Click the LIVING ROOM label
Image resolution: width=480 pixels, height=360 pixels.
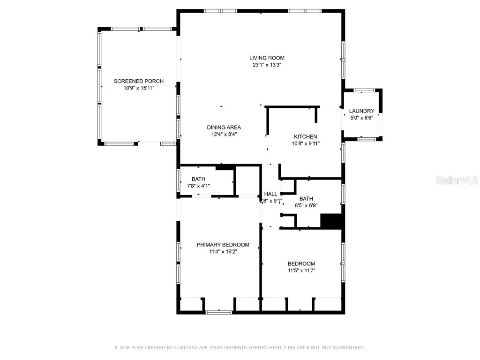(x=267, y=58)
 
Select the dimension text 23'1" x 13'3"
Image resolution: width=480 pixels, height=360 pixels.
(x=267, y=65)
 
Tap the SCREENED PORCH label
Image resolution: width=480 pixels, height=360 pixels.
(x=132, y=82)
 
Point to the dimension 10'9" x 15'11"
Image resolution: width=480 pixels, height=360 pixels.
(x=132, y=88)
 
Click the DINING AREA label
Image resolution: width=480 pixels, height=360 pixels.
(x=224, y=127)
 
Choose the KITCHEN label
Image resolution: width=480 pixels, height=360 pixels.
(x=306, y=137)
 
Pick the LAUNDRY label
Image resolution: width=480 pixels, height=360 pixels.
(x=362, y=111)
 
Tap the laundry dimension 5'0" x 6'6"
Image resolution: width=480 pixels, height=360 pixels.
(x=362, y=118)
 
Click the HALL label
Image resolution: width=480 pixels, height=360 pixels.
(x=271, y=194)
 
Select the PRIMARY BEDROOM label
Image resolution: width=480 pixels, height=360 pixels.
(x=223, y=245)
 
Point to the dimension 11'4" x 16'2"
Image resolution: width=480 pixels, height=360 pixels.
(x=223, y=252)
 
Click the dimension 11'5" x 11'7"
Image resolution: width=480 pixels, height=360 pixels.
(x=301, y=270)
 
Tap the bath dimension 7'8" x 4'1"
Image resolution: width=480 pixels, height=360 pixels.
(x=198, y=186)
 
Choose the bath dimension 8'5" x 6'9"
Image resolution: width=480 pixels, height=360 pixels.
(x=306, y=205)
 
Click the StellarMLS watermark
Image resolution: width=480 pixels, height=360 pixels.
(x=457, y=180)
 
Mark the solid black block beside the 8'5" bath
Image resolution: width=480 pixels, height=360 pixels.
(x=332, y=221)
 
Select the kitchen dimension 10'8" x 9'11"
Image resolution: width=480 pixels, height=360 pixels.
(x=306, y=143)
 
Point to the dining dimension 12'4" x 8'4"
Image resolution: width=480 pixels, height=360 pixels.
(x=224, y=134)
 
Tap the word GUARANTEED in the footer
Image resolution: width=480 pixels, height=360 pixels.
(x=347, y=348)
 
